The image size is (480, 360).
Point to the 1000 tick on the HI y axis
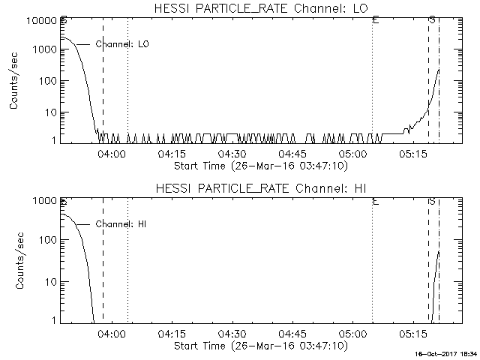click(x=44, y=201)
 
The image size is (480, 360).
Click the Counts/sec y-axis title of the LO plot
click(x=14, y=82)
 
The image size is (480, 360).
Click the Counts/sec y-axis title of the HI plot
click(x=14, y=261)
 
